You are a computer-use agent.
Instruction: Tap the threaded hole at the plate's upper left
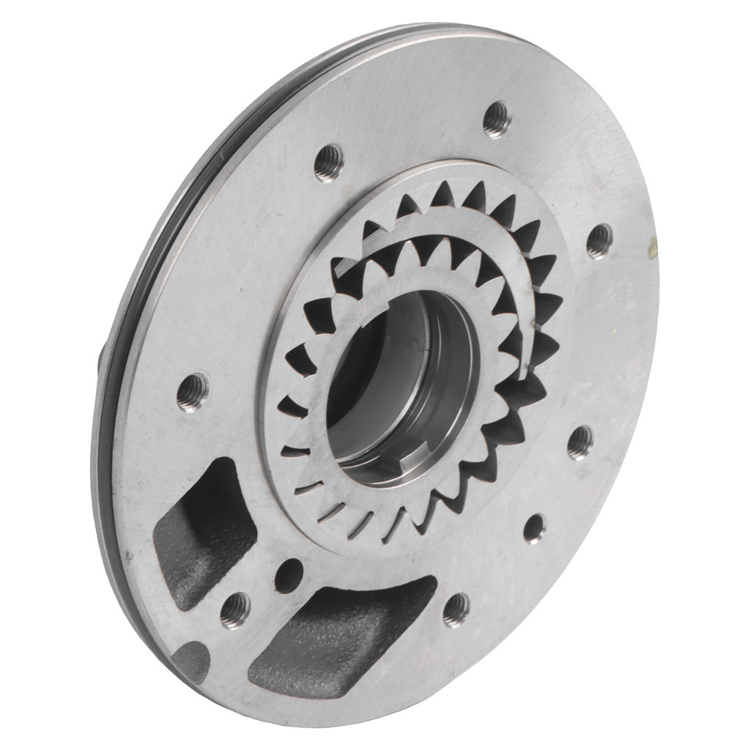coord(329,162)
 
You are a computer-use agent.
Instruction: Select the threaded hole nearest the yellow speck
coord(599,240)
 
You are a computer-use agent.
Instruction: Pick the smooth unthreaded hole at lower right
coord(534,527)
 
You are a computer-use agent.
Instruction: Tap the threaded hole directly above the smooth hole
coord(580,441)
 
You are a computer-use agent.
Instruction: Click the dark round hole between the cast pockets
coord(289,575)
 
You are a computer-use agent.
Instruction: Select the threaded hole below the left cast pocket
coord(235,609)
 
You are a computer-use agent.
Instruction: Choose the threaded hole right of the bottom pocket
coord(456,609)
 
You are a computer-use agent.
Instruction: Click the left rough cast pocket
coord(201,531)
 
